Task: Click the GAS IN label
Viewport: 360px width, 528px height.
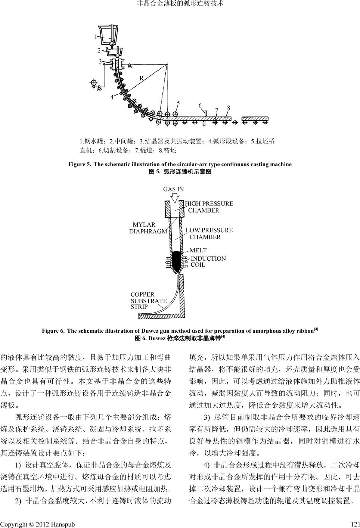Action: click(173, 189)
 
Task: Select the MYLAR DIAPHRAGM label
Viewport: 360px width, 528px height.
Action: click(148, 228)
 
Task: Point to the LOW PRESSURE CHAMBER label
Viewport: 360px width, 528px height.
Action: click(209, 233)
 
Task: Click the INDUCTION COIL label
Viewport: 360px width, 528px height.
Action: click(208, 261)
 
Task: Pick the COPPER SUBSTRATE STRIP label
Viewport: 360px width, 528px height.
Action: click(148, 301)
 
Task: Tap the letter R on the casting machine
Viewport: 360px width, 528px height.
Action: click(142, 78)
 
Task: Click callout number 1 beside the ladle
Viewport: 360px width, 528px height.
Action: click(96, 37)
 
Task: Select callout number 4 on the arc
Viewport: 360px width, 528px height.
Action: click(112, 97)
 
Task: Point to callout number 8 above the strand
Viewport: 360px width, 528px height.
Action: click(229, 108)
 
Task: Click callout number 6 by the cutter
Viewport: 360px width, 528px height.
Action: click(200, 105)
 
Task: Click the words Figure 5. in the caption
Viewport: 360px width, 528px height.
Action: click(79, 164)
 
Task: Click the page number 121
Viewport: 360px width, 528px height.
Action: click(355, 524)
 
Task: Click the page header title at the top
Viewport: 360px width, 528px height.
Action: click(180, 4)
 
